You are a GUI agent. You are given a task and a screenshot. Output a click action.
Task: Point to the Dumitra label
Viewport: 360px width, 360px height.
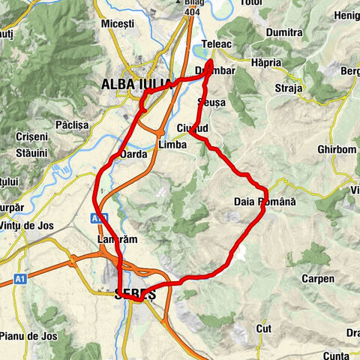tap(284, 33)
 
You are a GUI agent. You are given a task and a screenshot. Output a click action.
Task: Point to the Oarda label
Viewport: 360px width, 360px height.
tap(133, 154)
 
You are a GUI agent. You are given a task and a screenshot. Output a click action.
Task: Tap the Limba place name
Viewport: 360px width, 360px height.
tap(172, 144)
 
